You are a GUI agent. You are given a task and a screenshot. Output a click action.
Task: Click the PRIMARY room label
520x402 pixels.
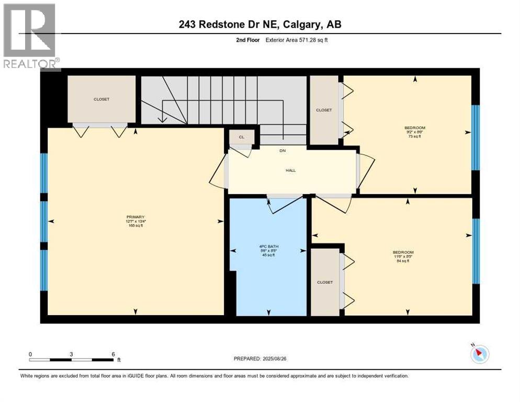click(135, 217)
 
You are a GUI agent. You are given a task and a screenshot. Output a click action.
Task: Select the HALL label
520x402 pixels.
click(291, 171)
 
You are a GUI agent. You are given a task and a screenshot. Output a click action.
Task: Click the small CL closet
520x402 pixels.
click(242, 137)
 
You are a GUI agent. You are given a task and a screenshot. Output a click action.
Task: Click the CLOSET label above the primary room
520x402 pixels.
click(101, 99)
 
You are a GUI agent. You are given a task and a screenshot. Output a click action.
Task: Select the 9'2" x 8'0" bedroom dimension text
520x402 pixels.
click(415, 132)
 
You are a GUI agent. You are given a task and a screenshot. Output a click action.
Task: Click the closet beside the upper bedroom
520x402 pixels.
click(324, 110)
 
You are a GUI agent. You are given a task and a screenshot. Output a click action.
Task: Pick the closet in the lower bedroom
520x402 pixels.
click(325, 282)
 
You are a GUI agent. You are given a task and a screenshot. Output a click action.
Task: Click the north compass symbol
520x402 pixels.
click(479, 354)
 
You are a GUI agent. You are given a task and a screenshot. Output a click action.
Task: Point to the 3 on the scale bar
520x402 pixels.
click(71, 354)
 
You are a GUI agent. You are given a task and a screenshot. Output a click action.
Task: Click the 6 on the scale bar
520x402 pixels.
click(112, 354)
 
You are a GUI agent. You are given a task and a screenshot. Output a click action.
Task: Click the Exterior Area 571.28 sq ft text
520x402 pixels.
click(297, 40)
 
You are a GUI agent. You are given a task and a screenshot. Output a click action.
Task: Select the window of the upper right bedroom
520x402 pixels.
click(475, 137)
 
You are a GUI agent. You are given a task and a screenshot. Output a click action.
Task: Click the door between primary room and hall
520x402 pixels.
click(219, 175)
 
